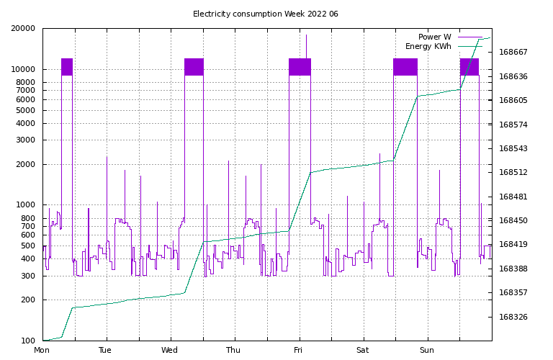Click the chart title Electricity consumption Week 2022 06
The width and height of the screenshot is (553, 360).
[x=265, y=14]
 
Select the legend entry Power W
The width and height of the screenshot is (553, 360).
[x=434, y=37]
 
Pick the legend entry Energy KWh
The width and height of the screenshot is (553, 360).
[x=428, y=46]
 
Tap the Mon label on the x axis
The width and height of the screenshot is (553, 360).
[x=42, y=351]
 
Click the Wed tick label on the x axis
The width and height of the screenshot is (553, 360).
[x=170, y=351]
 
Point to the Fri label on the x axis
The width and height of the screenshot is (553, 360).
[x=298, y=351]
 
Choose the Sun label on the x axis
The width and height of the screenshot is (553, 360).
[x=426, y=351]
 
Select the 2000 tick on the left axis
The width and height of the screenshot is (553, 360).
[x=26, y=164]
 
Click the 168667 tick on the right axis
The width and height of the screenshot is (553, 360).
[x=513, y=53]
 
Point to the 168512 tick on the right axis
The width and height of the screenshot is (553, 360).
[x=513, y=173]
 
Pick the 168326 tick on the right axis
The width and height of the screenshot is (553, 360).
[x=513, y=317]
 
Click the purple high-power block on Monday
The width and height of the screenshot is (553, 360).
[x=67, y=67]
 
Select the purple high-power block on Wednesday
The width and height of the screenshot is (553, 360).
[x=194, y=67]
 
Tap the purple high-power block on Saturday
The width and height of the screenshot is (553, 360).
[x=405, y=67]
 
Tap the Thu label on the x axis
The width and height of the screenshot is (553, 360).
[x=234, y=351]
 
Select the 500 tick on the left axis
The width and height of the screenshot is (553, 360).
[x=28, y=246]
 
